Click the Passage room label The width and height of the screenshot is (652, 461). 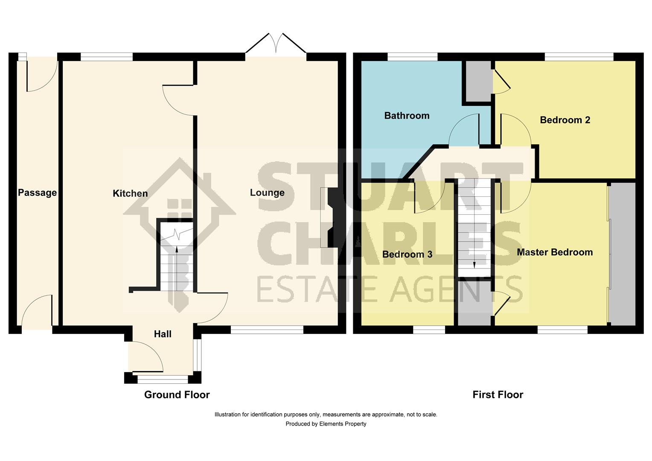click(37, 193)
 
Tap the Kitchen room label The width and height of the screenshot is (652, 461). click(130, 194)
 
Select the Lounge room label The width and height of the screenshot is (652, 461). click(267, 193)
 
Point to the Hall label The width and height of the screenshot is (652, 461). click(163, 334)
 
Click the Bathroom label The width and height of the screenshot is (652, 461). click(407, 116)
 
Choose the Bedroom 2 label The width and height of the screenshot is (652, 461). click(565, 120)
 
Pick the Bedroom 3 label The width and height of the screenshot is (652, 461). click(407, 255)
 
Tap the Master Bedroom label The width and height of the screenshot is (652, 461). click(555, 252)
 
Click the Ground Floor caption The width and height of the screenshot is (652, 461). click(177, 395)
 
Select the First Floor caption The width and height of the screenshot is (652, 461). click(498, 395)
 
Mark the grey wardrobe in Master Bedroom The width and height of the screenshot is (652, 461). click(622, 254)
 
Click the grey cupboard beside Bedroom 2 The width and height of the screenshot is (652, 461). click(478, 81)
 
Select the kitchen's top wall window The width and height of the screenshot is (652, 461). click(106, 56)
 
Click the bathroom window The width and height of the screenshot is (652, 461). click(412, 56)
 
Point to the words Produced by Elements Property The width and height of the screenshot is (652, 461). click(326, 424)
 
